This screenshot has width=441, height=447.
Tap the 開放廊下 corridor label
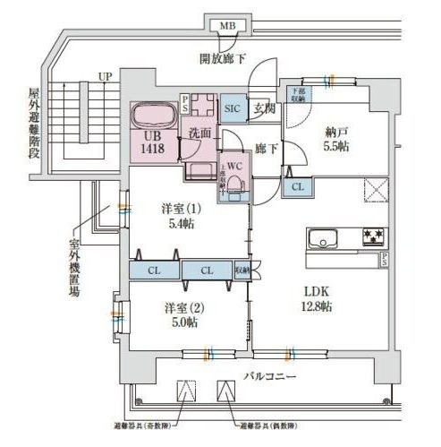click(x=224, y=59)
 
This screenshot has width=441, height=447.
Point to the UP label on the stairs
click(x=105, y=77)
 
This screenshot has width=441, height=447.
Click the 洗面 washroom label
click(x=199, y=133)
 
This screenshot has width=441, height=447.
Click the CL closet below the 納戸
click(x=297, y=186)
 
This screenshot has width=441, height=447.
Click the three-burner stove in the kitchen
click(x=374, y=237)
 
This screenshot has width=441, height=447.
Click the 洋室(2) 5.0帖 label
click(x=179, y=314)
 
